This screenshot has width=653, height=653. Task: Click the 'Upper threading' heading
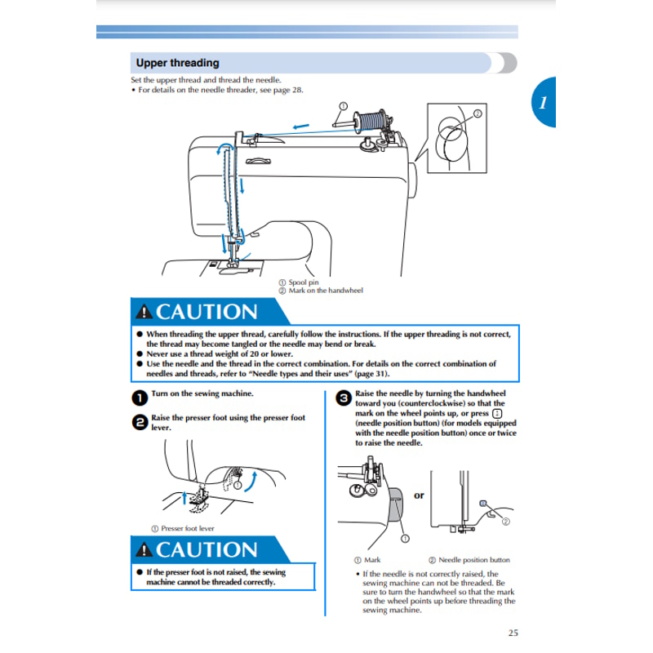click(177, 63)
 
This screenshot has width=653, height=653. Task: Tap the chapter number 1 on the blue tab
click(542, 104)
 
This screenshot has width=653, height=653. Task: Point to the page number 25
click(512, 632)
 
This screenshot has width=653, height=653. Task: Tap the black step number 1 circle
click(139, 398)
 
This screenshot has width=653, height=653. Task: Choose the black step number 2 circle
click(139, 422)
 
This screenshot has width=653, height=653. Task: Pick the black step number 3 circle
click(343, 398)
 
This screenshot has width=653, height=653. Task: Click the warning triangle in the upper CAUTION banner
click(144, 313)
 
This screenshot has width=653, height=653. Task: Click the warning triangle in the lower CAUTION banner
click(144, 550)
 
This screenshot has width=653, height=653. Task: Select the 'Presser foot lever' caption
click(187, 528)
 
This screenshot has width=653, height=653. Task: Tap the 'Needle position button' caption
click(473, 560)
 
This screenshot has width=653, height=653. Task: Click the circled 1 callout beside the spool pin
click(342, 106)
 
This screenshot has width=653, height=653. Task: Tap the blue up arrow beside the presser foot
click(184, 497)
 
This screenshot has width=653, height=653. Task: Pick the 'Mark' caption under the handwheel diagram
click(371, 560)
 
